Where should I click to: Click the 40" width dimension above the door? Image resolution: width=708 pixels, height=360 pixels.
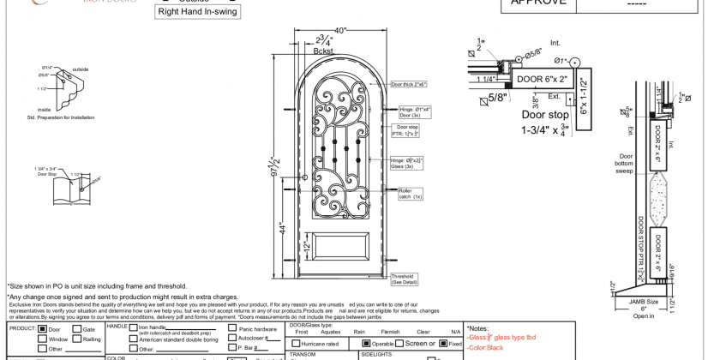(342, 31)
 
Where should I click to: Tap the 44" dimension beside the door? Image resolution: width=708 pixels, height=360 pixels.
(284, 229)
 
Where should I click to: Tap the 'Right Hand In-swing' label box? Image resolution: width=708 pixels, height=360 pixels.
(198, 13)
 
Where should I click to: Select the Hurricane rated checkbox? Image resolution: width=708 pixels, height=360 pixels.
(296, 343)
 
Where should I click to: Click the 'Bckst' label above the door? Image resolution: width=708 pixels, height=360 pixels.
(324, 51)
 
